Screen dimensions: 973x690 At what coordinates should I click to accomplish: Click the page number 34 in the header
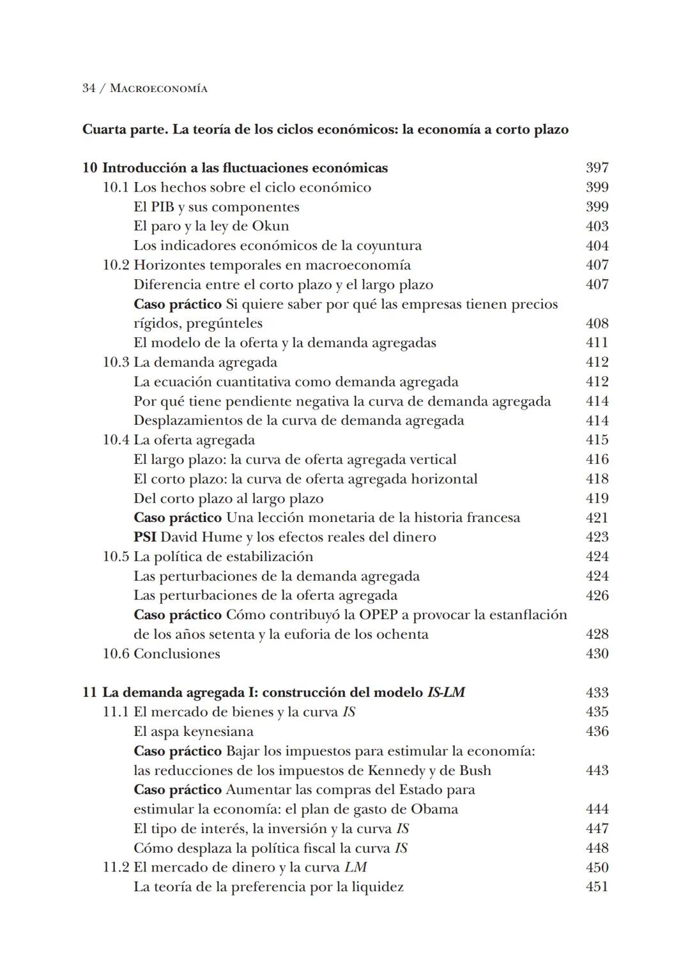[89, 88]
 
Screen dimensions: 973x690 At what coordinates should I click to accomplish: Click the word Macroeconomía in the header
[158, 89]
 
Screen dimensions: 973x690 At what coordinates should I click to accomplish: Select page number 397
[597, 168]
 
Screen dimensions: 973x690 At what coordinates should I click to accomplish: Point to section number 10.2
[116, 265]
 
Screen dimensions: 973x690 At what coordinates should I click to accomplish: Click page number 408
[597, 323]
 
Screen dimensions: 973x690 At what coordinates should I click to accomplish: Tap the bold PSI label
[145, 537]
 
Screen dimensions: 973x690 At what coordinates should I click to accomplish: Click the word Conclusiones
[177, 654]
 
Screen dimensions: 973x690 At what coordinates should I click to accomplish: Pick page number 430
[597, 654]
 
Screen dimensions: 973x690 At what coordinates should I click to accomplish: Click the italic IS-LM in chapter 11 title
[445, 693]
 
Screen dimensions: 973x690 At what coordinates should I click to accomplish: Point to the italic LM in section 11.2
[355, 868]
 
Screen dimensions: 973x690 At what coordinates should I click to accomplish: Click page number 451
[597, 887]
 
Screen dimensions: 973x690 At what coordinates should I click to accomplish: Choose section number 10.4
[116, 440]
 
